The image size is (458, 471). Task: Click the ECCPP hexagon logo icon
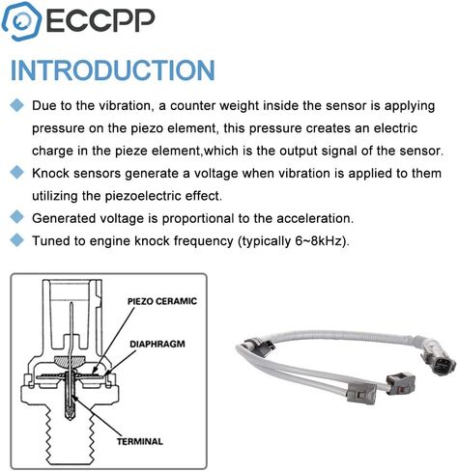pyautogui.click(x=21, y=21)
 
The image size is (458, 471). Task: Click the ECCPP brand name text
pyautogui.click(x=100, y=21)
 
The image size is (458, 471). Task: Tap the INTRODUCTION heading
pyautogui.click(x=113, y=70)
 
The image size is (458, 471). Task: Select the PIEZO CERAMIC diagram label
pyautogui.click(x=162, y=301)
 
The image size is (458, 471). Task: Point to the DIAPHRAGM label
pyautogui.click(x=157, y=344)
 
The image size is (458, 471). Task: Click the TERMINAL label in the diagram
pyautogui.click(x=140, y=441)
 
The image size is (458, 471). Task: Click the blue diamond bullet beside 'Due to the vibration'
pyautogui.click(x=16, y=105)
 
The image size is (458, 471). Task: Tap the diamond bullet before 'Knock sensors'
pyautogui.click(x=16, y=173)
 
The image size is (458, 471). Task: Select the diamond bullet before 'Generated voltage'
pyautogui.click(x=16, y=217)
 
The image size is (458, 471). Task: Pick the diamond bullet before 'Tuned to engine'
pyautogui.click(x=16, y=240)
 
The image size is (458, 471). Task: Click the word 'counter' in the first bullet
pyautogui.click(x=193, y=106)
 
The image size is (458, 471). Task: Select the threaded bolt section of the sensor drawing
pyautogui.click(x=70, y=438)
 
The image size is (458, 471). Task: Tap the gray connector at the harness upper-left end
pyautogui.click(x=259, y=345)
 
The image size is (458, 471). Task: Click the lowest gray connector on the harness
pyautogui.click(x=361, y=392)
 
